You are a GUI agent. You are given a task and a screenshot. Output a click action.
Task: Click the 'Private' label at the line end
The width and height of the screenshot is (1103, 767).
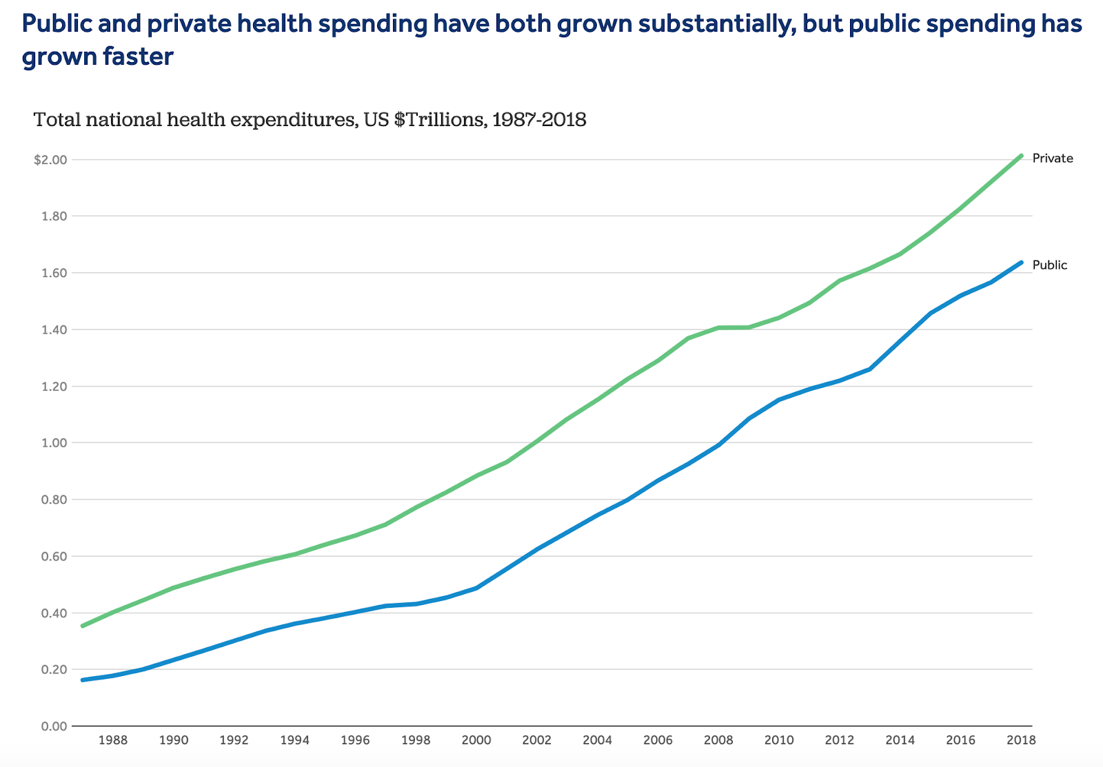[1052, 158]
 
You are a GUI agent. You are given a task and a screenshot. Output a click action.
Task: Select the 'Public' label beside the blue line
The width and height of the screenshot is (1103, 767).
[1049, 265]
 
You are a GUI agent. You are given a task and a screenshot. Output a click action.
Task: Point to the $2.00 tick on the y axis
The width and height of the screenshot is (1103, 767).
[50, 160]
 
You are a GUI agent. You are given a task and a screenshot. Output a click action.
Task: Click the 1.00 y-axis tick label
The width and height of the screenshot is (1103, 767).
[54, 443]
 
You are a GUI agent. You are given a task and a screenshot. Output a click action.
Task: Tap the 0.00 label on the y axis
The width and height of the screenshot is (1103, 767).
[54, 726]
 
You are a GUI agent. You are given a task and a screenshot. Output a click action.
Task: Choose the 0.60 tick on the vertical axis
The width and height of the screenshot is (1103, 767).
[54, 556]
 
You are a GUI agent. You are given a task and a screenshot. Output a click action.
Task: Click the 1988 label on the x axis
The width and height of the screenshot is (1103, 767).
[113, 741]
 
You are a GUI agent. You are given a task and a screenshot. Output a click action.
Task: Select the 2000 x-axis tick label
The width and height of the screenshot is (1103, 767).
[476, 741]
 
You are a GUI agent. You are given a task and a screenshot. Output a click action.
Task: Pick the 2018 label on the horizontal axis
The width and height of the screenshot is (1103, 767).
[1021, 741]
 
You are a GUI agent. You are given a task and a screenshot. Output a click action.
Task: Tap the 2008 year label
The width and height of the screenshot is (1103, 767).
[718, 741]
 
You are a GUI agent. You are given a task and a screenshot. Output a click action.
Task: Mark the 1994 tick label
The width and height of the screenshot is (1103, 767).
[294, 741]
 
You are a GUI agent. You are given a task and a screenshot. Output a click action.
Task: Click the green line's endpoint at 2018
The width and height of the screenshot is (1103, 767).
[1021, 156]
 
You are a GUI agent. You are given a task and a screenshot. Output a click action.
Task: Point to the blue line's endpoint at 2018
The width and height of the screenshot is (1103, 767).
[1021, 263]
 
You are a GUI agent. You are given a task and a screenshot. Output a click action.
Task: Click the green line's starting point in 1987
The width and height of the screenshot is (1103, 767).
[83, 626]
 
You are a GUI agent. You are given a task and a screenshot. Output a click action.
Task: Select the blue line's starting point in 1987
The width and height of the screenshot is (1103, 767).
[83, 680]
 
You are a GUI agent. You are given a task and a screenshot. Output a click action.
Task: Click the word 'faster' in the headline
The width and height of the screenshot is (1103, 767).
[138, 57]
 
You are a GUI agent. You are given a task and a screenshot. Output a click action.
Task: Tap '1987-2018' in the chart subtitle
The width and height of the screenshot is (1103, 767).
[539, 120]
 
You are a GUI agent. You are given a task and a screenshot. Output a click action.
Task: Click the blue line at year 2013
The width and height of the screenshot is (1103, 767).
[870, 369]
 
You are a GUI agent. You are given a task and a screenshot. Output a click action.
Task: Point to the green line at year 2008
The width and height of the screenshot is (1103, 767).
[718, 328]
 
